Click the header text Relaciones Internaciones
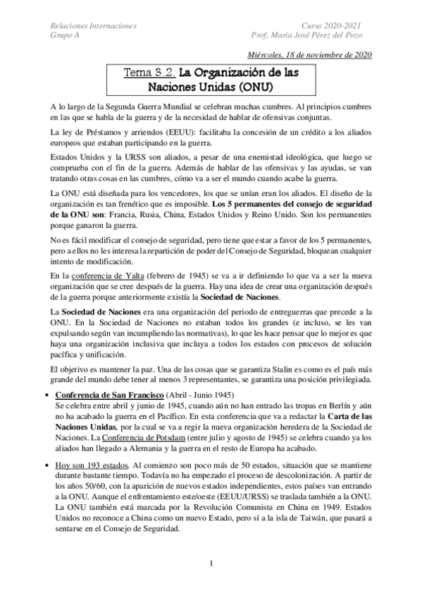pyautogui.click(x=94, y=25)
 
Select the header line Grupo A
pyautogui.click(x=66, y=35)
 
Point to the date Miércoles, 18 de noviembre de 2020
pyautogui.click(x=311, y=56)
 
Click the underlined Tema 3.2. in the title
pyautogui.click(x=149, y=72)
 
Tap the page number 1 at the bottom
pyautogui.click(x=211, y=564)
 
